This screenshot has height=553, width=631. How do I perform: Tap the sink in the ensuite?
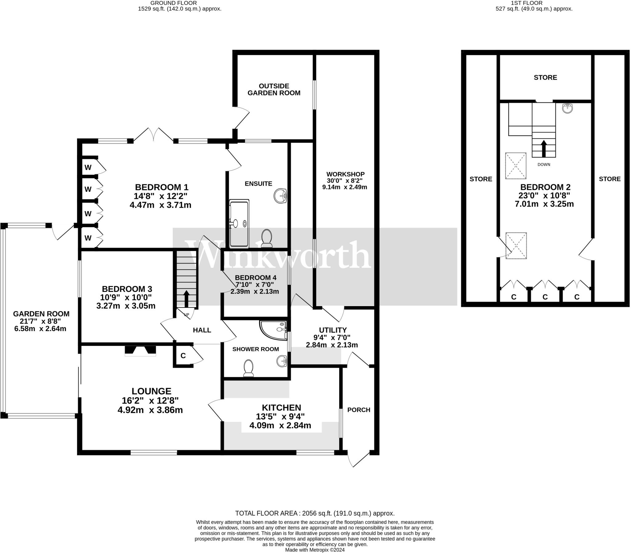click(280, 196)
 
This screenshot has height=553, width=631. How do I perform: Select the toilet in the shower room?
click(249, 368)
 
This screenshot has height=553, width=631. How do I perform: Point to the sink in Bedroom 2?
click(567, 108)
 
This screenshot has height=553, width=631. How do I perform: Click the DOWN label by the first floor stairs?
click(544, 165)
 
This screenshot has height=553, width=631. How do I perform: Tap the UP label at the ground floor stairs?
click(186, 315)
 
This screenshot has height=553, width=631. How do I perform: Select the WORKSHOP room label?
click(345, 174)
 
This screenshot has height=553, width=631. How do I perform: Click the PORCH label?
click(359, 410)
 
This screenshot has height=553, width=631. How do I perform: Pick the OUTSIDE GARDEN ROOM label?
click(274, 89)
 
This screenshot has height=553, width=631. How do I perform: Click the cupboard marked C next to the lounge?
click(183, 356)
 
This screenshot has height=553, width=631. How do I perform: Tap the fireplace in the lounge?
click(140, 350)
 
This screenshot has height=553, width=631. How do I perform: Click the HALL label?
click(202, 330)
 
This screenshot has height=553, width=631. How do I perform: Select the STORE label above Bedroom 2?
click(545, 77)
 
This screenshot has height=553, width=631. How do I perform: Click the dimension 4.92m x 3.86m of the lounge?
click(150, 410)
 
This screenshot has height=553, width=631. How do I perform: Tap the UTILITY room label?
click(333, 330)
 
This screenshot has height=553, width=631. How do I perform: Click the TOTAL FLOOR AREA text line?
click(315, 513)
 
